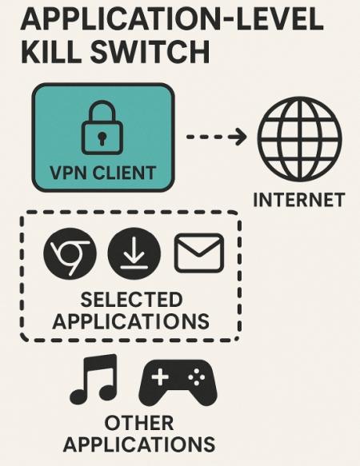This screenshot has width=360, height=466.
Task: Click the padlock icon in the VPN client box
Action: (x=102, y=128)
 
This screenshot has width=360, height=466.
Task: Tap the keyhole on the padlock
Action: (x=102, y=138)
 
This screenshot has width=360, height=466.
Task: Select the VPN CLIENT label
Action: (x=102, y=173)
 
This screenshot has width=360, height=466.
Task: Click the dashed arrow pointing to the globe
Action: (x=216, y=137)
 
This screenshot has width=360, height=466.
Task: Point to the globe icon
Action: (x=300, y=139)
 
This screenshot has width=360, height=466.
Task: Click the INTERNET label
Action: (x=298, y=200)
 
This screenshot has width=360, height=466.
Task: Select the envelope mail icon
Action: (x=198, y=253)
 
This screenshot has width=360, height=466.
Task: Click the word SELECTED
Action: (x=131, y=299)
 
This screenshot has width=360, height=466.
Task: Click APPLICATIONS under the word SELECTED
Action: (x=130, y=321)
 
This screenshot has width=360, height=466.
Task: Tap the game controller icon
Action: (x=178, y=383)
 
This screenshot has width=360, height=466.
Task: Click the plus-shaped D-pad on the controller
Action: (x=160, y=377)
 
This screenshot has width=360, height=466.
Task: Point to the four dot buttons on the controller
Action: (x=196, y=377)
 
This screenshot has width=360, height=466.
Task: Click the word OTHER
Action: (x=139, y=423)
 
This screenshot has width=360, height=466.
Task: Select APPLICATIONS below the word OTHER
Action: (x=138, y=444)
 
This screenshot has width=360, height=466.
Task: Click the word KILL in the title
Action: (x=50, y=52)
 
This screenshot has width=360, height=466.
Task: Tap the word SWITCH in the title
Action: (x=150, y=52)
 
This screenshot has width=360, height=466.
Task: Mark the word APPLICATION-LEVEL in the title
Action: (x=172, y=19)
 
